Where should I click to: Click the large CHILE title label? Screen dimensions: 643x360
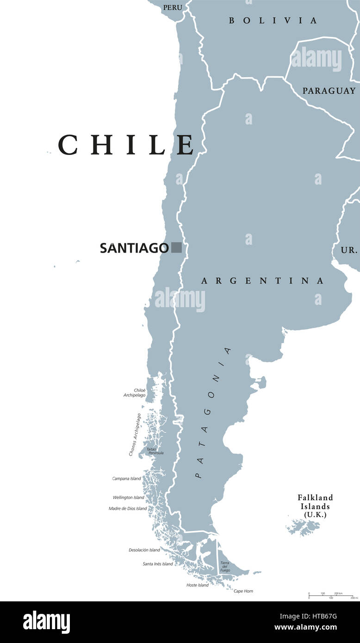coord(126,144)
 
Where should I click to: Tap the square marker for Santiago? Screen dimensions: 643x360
coord(176,247)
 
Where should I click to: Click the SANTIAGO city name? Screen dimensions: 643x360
coord(134,248)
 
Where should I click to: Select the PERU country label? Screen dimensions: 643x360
coord(172,7)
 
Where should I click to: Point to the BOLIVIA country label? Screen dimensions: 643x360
coord(273,20)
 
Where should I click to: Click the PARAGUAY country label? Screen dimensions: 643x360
coord(329,91)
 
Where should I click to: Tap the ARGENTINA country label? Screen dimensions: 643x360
coord(262,281)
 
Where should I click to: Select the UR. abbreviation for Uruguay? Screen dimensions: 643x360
coord(349,250)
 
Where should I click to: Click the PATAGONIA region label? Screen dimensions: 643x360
coord(212,412)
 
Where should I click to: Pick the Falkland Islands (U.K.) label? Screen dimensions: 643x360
coord(315,506)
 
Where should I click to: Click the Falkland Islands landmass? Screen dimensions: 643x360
coord(304,527)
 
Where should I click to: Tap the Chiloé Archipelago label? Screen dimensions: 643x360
coord(135,393)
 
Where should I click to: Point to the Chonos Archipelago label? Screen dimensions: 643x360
coord(135,434)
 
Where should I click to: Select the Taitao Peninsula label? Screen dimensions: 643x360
coord(155,451)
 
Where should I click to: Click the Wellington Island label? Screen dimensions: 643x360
coord(128,497)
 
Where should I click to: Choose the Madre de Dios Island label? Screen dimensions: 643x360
coord(128,508)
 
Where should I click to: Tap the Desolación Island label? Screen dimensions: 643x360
coord(144,550)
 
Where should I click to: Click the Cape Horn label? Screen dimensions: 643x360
coord(243,591)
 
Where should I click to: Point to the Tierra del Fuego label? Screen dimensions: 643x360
coord(225,567)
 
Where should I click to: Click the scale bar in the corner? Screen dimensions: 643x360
coord(330,595)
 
